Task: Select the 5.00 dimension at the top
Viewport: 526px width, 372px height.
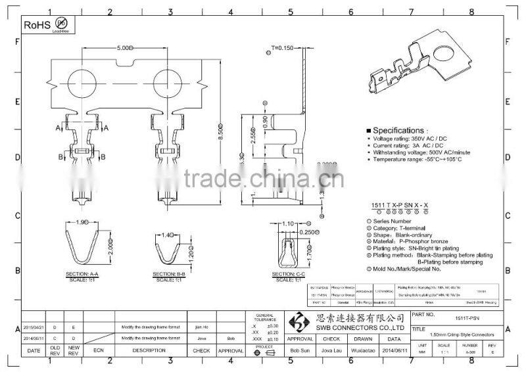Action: [124, 48]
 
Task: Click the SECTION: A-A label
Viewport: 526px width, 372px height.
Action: [84, 273]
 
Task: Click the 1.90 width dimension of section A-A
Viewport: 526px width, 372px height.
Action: [84, 222]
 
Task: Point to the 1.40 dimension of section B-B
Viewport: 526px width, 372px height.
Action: [168, 234]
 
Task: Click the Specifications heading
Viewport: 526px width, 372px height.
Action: [398, 131]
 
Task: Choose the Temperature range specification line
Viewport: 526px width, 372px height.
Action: [414, 160]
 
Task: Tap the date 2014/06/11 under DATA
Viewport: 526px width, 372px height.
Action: [393, 352]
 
